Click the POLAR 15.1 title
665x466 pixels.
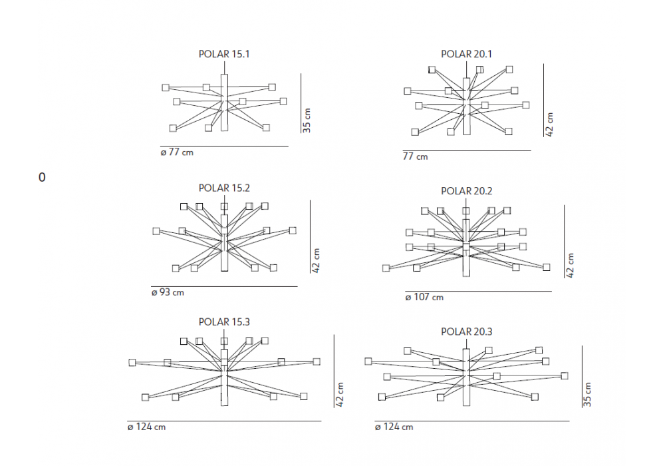(224, 54)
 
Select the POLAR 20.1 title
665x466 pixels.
(466, 54)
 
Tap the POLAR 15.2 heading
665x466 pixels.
(224, 188)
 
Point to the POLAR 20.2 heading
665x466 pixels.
(466, 191)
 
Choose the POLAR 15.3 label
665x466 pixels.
(224, 322)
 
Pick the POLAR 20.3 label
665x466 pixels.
(466, 332)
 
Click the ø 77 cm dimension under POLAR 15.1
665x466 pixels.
(177, 152)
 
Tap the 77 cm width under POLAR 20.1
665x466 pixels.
(415, 156)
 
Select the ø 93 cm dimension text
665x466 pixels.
(168, 292)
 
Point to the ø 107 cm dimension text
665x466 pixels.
(424, 297)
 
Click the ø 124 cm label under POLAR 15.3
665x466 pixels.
(146, 427)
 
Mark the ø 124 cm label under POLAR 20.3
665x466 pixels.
(394, 427)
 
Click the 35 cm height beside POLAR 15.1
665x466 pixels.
(307, 120)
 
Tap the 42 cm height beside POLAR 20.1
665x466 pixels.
(549, 124)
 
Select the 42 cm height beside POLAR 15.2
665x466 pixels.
(315, 260)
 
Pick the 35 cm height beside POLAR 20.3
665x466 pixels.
(587, 394)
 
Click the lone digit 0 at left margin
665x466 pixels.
(41, 177)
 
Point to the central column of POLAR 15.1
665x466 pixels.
(224, 103)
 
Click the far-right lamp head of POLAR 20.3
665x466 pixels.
(565, 375)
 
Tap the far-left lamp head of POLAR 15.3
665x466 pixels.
(132, 362)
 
